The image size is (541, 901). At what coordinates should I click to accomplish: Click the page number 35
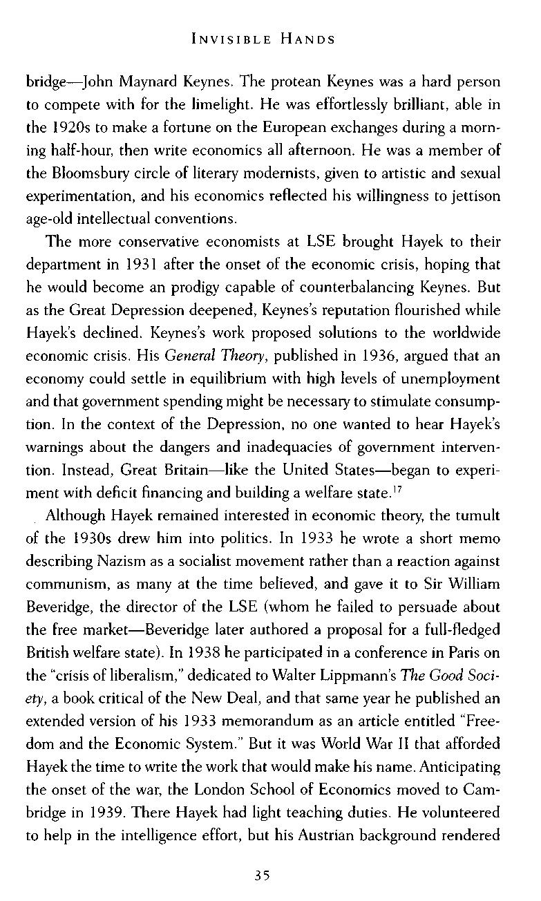(x=261, y=876)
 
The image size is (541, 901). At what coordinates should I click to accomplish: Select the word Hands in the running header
(x=307, y=39)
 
